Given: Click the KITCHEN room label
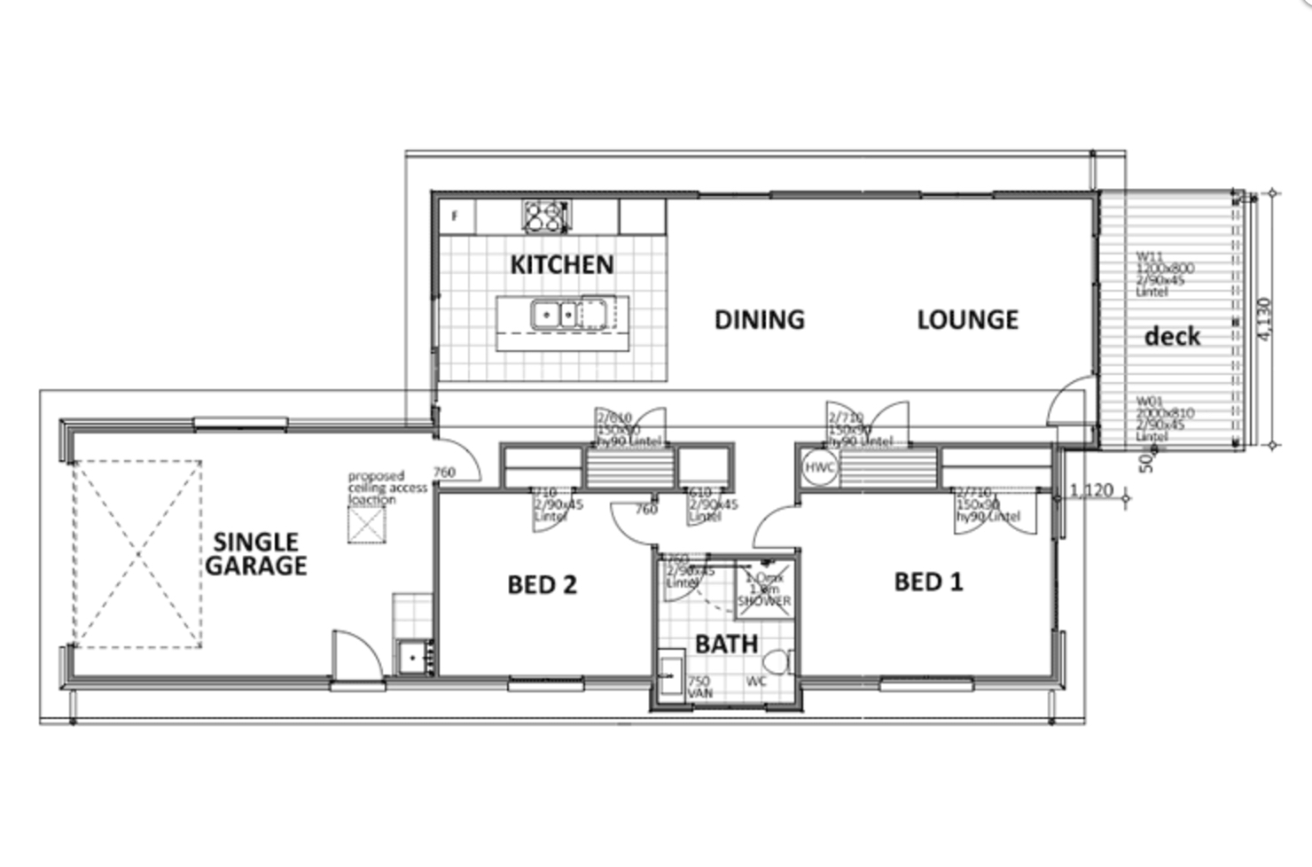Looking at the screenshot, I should tap(561, 264).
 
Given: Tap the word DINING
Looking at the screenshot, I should tap(760, 319).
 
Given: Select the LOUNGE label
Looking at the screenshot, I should tap(967, 319).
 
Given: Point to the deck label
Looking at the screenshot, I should tap(1172, 336).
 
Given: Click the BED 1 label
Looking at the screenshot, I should tap(928, 582).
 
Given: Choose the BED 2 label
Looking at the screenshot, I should tap(542, 584).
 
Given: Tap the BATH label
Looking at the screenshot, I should tap(726, 644).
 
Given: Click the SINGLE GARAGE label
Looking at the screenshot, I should tap(256, 554).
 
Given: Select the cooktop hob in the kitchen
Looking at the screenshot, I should tap(545, 216).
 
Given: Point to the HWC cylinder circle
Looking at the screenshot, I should tap(818, 467).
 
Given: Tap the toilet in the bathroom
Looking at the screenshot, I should tap(778, 662).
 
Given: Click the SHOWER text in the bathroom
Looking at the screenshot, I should tap(764, 601).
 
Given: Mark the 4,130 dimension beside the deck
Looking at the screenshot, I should tap(1264, 317).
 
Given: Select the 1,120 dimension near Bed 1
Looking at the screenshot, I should tap(1090, 490).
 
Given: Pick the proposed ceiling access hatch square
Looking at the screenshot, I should tap(366, 524).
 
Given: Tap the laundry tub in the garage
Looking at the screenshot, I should tap(412, 658).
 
